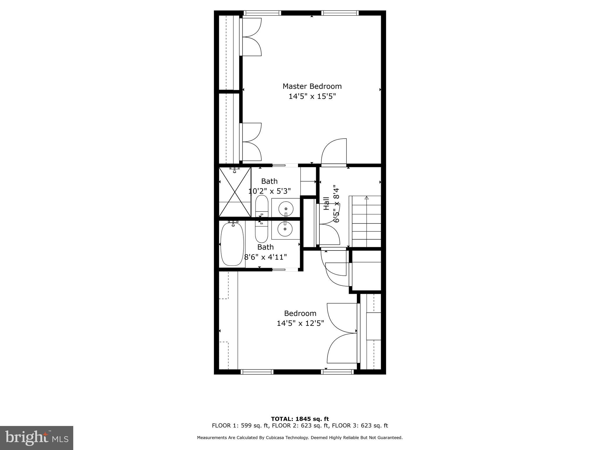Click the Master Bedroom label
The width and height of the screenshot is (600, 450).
[x=312, y=86]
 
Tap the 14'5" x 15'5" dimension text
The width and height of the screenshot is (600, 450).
[x=312, y=96]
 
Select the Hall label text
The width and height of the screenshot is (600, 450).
[x=326, y=203]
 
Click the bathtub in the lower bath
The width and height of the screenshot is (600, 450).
[x=232, y=244]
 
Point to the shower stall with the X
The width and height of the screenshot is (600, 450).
[x=235, y=192]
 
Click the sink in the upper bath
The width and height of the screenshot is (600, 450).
[x=286, y=209]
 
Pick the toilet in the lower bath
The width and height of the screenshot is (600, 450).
[x=262, y=231]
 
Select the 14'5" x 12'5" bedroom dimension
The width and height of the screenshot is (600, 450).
[x=300, y=323]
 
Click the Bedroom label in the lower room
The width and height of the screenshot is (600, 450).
[x=300, y=313]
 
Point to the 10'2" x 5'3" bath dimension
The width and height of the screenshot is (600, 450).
[x=270, y=191]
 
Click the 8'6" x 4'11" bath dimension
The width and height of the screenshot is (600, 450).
[x=265, y=257]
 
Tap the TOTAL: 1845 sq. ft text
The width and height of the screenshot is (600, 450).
[x=300, y=419]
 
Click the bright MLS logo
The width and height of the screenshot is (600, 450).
[x=37, y=438]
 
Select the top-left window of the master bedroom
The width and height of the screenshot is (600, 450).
[x=262, y=13]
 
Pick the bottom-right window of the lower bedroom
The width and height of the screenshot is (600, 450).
[x=337, y=372]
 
